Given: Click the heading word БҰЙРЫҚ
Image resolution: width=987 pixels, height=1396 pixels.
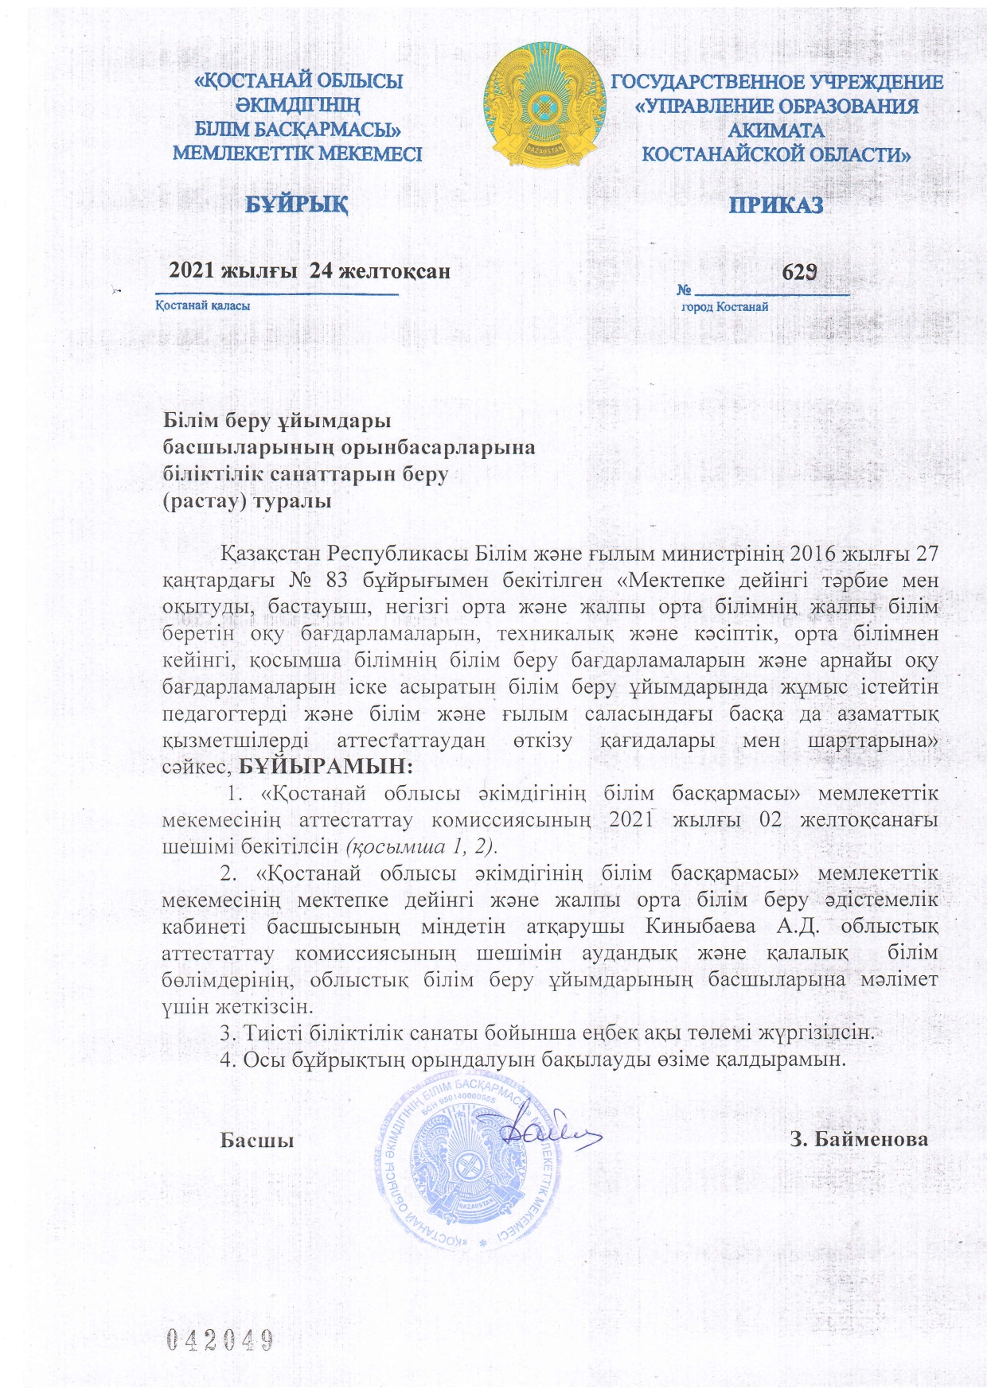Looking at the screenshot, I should [296, 204].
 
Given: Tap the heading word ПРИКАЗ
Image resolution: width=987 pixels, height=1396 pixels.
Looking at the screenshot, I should [776, 205].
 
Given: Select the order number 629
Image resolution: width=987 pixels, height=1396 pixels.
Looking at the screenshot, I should [799, 272].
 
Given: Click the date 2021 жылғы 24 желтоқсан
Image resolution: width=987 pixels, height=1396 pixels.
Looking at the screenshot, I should [310, 271].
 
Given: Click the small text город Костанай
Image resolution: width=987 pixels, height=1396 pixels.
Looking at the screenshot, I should [725, 307].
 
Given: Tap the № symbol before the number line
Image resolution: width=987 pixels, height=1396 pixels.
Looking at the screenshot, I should [684, 290].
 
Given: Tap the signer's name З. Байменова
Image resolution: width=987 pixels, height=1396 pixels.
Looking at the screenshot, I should [859, 1140].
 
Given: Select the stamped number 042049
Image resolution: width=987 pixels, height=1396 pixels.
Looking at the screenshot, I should [220, 1340].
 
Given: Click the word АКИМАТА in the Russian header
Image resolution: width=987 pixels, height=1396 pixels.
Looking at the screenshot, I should [776, 130].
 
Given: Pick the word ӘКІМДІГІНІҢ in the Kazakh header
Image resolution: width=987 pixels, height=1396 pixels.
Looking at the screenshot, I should [298, 105].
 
